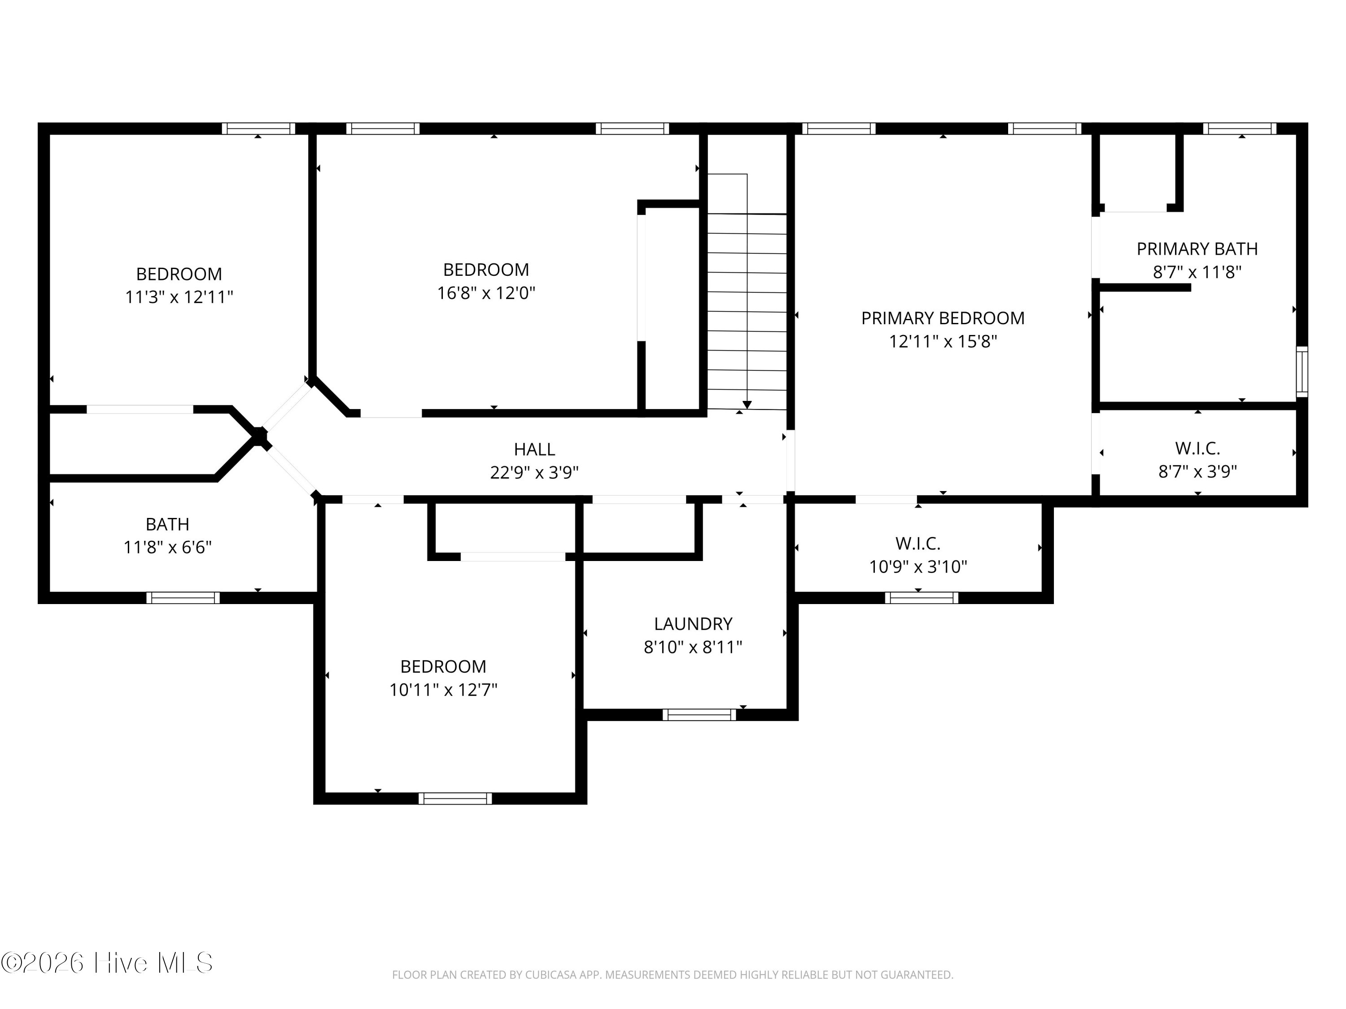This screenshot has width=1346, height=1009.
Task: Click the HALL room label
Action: pyautogui.click(x=534, y=449)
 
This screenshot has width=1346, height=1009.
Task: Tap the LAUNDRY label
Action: pyautogui.click(x=693, y=624)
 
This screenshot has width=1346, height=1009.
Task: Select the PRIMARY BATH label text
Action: pyautogui.click(x=1197, y=249)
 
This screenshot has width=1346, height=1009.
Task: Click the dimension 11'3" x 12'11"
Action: pyautogui.click(x=179, y=297)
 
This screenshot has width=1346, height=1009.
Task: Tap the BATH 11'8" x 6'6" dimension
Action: pyautogui.click(x=167, y=548)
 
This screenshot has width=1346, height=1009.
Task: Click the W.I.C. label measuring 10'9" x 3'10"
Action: pyautogui.click(x=918, y=543)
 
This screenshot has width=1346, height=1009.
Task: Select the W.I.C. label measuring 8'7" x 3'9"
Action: pyautogui.click(x=1197, y=448)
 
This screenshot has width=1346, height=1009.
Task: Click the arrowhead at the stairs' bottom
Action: pyautogui.click(x=747, y=405)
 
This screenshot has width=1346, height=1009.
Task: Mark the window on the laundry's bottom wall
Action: pyautogui.click(x=699, y=715)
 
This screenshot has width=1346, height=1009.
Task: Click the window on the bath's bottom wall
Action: pyautogui.click(x=183, y=598)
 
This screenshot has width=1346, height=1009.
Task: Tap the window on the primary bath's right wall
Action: pyautogui.click(x=1302, y=372)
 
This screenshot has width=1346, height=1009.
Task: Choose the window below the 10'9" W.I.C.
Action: pyautogui.click(x=921, y=598)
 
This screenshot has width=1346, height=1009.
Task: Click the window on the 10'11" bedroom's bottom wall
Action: pyautogui.click(x=455, y=799)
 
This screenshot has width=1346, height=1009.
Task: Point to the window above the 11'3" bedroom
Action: pyautogui.click(x=258, y=128)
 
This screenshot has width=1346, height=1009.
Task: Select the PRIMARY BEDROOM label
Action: pyautogui.click(x=943, y=318)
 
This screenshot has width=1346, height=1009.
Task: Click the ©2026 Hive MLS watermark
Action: pyautogui.click(x=107, y=963)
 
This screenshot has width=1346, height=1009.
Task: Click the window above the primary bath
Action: pyautogui.click(x=1240, y=128)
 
